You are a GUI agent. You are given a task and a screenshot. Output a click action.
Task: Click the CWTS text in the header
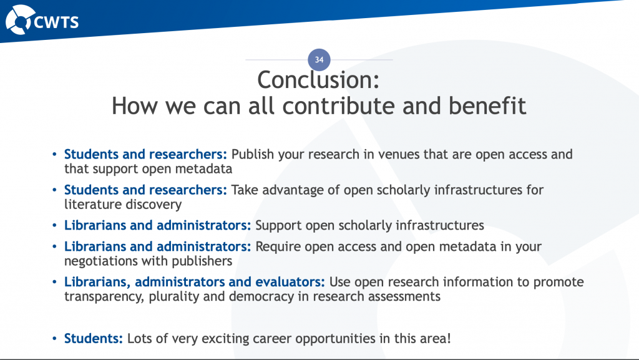56,22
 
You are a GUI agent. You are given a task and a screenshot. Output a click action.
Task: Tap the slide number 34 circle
319,60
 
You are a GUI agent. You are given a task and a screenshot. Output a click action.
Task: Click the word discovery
153,204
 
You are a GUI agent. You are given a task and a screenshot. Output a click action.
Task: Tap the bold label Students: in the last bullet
94,339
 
